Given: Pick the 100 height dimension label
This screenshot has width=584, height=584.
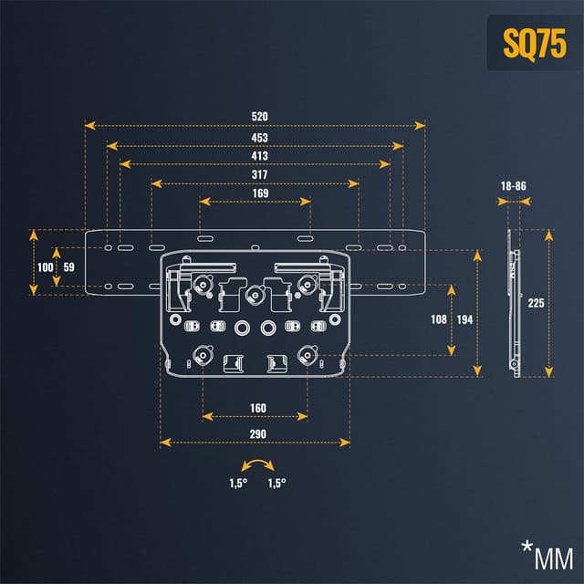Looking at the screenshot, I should tap(45, 267).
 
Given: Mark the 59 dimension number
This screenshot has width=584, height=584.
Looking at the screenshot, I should tap(69, 267).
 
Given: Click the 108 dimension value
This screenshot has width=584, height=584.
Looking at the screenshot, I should tap(438, 320).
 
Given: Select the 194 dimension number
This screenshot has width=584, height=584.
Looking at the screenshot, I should tap(465, 320).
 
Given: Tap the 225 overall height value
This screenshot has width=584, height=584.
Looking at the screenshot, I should tap(536, 303).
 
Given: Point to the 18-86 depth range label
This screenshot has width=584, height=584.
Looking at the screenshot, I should tap(514, 185).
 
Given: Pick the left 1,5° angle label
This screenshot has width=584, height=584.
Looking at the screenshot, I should tap(238, 484).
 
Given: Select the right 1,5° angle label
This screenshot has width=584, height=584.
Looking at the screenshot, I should tap(276, 484).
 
